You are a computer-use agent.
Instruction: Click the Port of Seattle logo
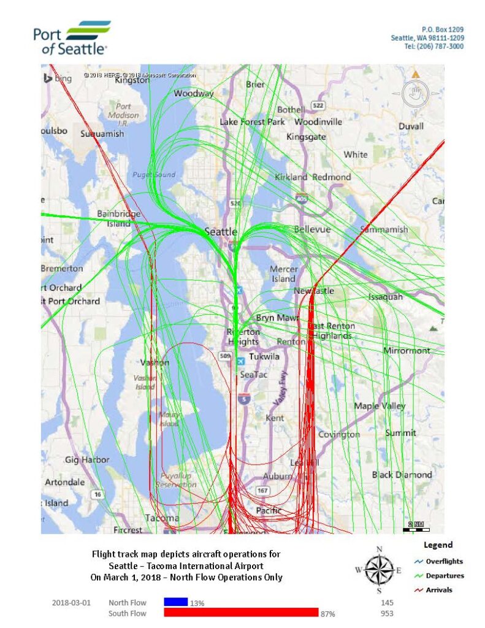tap(72, 38)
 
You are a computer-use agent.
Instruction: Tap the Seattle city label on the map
tap(220, 231)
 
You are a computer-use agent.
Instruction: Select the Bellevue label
tap(312, 229)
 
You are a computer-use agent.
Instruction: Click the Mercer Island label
tap(284, 274)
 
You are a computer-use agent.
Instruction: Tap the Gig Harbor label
tap(87, 459)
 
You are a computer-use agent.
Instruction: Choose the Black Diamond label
tap(402, 475)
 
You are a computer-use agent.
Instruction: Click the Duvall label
tap(411, 126)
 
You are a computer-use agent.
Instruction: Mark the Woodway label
tap(194, 94)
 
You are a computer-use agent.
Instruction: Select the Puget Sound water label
tap(154, 175)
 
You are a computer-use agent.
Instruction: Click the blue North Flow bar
tap(175, 603)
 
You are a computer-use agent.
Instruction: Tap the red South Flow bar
tap(241, 613)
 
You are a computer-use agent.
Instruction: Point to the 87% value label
tap(328, 613)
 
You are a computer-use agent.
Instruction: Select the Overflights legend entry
tap(444, 561)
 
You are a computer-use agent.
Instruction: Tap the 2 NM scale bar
tap(416, 526)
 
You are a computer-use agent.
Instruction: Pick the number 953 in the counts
tap(387, 613)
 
